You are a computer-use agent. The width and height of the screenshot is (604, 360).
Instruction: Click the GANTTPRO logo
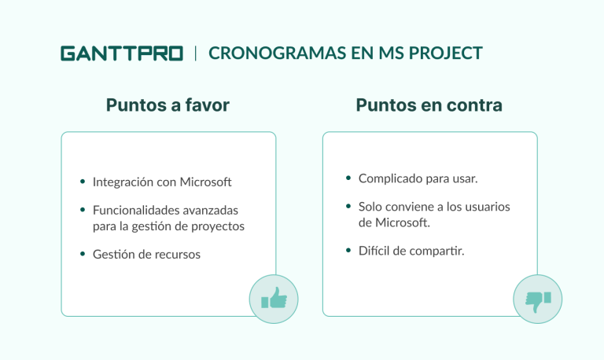coord(121,53)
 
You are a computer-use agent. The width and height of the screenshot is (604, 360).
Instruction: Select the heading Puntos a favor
coord(168,105)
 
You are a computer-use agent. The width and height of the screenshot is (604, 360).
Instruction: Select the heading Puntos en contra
coord(429,105)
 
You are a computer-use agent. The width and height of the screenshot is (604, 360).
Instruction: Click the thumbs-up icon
coord(274,299)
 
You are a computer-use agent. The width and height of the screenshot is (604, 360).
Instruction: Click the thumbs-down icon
coord(538,299)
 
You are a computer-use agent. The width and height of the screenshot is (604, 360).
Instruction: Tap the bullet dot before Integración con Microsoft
coord(83,182)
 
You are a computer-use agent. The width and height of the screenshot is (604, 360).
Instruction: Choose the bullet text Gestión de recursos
coord(146,255)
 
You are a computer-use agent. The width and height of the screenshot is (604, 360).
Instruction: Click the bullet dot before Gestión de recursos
coord(83,255)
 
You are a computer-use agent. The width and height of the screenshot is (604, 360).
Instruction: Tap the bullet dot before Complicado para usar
coord(348,178)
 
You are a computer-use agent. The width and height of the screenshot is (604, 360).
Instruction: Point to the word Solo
coord(371,207)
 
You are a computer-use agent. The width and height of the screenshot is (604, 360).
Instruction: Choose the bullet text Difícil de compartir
coord(411,251)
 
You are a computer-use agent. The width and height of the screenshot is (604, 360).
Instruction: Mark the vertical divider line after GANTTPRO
coord(196,53)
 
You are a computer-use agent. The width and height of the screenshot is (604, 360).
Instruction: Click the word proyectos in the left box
coord(219,226)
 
